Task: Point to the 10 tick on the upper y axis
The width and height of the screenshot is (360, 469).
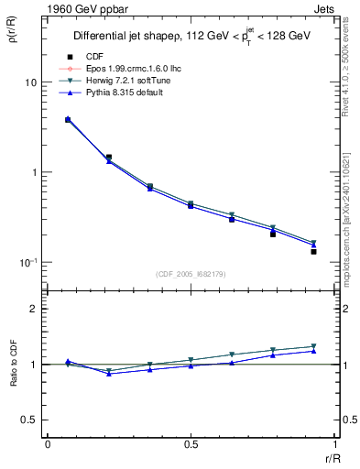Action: (x=30, y=82)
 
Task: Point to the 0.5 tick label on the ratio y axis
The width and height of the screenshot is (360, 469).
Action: (x=29, y=420)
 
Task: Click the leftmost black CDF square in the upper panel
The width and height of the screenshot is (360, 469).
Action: (x=68, y=119)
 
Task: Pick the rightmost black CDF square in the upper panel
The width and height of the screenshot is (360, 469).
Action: (x=313, y=251)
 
